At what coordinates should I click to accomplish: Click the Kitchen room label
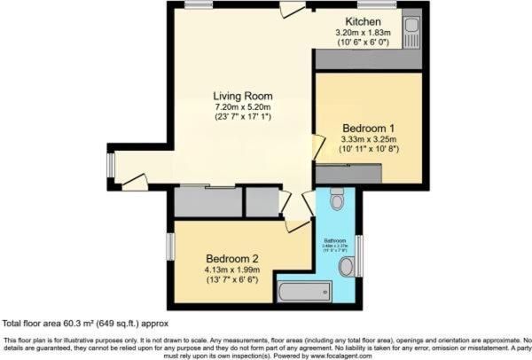(363, 21)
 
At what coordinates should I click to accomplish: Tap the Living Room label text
(242, 96)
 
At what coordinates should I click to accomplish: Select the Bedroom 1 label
(369, 128)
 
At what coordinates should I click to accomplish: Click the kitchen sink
(412, 31)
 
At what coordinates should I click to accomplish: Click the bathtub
(304, 292)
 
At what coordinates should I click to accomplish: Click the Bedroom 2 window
(169, 247)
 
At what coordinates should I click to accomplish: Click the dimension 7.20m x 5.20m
(242, 106)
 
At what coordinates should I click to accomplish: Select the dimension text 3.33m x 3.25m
(369, 138)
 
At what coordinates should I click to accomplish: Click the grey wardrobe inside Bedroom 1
(349, 175)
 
